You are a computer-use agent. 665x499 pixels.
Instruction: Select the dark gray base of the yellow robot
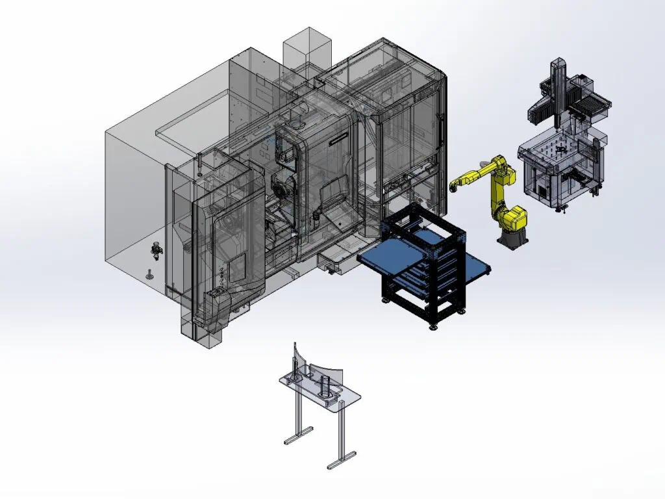click(x=512, y=238)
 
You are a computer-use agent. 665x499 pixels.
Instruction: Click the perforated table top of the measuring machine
click(x=558, y=148)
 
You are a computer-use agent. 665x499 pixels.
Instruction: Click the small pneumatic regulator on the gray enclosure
click(x=156, y=249)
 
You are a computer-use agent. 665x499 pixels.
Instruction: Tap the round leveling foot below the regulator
click(x=150, y=275)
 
